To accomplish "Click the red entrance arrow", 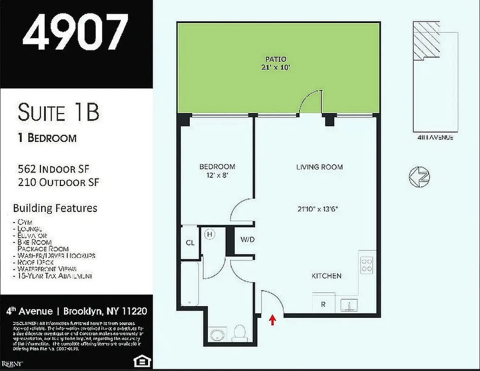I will [x=272, y=319].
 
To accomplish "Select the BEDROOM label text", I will [x=217, y=166].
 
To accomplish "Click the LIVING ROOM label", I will [x=319, y=167].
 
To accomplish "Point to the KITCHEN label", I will [x=326, y=276].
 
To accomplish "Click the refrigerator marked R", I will [x=324, y=305].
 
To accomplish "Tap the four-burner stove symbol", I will [x=367, y=265].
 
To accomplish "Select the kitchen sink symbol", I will [x=349, y=305].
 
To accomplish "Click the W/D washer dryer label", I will [x=247, y=239].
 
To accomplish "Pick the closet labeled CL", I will [x=190, y=243].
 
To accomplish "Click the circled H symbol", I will [x=209, y=235].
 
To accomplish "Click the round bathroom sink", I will [x=217, y=335].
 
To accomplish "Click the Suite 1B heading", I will [x=59, y=112].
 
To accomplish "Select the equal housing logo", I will [x=137, y=361].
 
